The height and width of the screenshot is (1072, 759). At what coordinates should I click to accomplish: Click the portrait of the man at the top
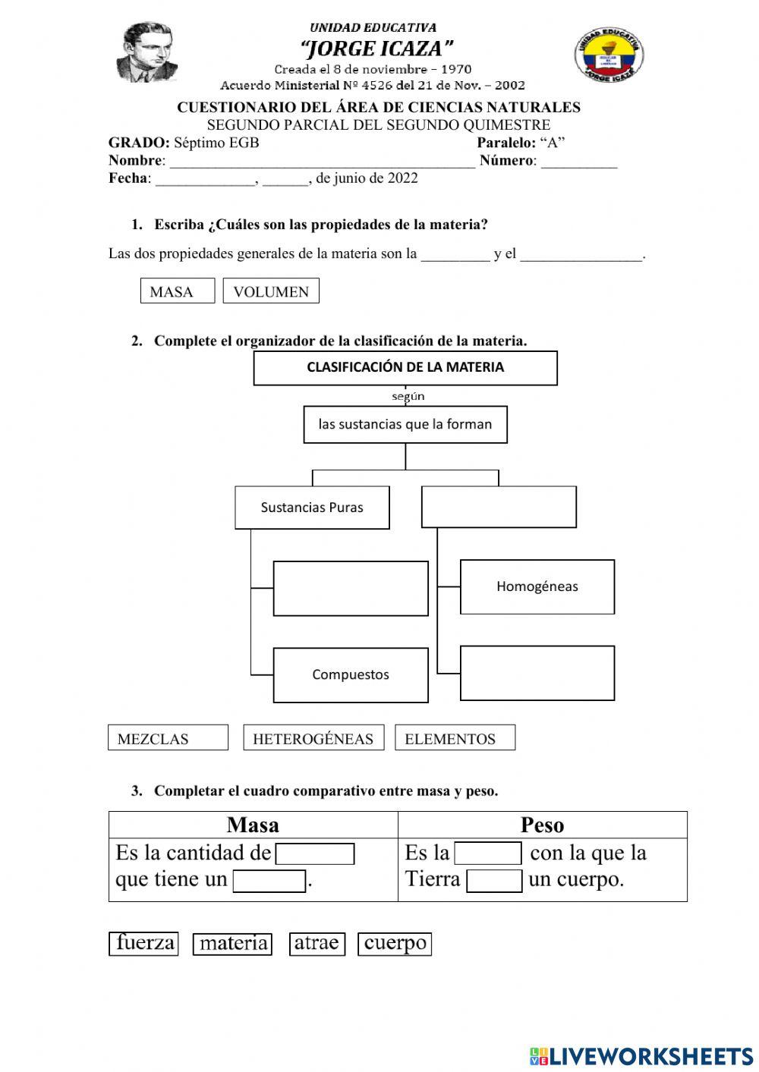150,52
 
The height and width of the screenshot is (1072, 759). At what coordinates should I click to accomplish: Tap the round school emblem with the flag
608,55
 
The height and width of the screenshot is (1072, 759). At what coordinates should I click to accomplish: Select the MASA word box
178,291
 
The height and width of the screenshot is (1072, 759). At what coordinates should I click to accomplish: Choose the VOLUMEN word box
271,291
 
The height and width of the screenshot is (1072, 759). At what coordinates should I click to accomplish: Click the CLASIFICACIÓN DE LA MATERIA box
405,368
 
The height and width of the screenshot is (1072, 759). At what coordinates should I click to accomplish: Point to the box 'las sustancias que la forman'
405,425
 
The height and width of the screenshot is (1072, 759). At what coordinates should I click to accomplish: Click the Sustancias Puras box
312,508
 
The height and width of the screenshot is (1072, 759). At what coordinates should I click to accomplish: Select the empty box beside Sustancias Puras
499,507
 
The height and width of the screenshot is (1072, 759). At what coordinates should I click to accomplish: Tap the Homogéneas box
537,586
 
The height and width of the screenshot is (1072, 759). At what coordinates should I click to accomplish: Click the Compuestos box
351,674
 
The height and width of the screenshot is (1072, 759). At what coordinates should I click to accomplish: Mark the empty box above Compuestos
351,588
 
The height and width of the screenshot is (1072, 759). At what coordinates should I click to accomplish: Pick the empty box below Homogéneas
537,673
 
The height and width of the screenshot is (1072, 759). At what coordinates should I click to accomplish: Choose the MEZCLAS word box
168,738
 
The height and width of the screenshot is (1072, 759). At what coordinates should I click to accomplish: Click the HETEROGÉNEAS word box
313,738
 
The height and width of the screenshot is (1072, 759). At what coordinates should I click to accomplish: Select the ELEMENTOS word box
455,738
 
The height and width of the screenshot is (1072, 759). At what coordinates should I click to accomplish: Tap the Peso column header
542,825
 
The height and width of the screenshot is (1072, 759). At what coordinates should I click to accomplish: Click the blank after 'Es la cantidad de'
315,854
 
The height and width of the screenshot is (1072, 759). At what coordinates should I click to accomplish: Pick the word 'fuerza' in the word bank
144,943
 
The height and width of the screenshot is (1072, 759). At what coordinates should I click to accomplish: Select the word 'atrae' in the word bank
317,943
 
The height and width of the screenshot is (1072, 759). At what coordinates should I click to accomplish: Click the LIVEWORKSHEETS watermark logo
641,1055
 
